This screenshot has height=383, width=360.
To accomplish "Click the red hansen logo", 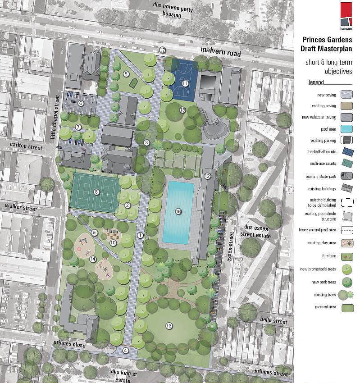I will [346, 14].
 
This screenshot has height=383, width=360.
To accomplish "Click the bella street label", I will [273, 321].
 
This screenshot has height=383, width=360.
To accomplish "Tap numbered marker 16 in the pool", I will [178, 211].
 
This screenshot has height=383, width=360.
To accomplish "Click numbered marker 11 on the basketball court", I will [185, 83].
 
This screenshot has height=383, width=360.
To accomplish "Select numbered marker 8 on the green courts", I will [96, 192].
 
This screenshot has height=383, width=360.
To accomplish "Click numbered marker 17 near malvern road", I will [162, 50].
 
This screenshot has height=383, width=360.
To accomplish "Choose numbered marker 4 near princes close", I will [126, 350].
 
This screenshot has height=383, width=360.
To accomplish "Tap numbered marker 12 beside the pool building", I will [207, 176].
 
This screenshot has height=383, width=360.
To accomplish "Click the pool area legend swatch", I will [347, 129].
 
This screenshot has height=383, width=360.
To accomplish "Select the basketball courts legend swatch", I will [347, 152].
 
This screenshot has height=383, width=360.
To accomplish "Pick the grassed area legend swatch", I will [347, 308].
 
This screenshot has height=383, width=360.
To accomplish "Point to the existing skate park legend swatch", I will [347, 176].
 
